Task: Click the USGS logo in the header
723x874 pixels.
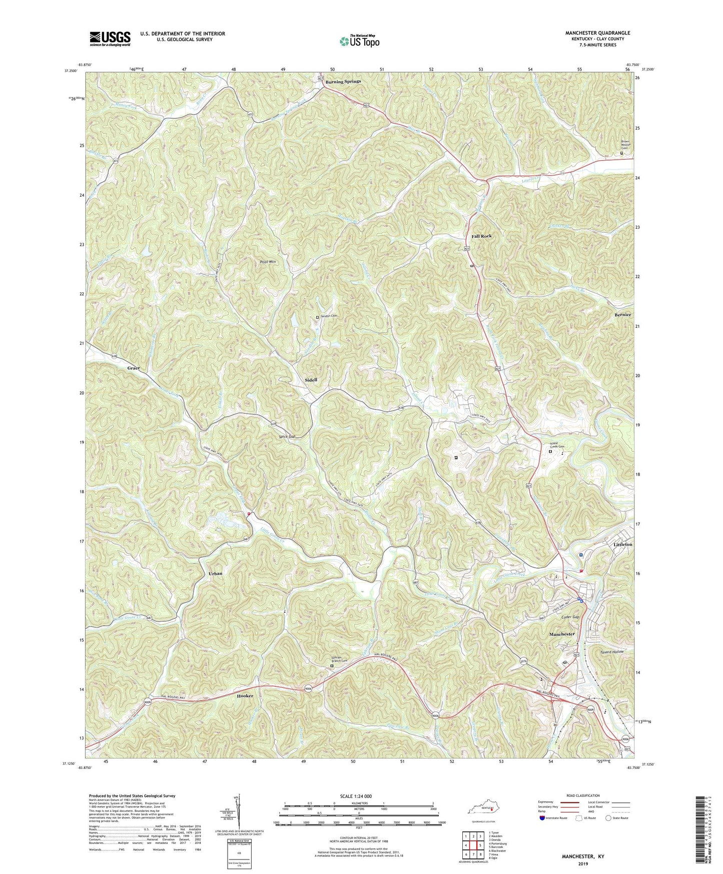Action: (110, 39)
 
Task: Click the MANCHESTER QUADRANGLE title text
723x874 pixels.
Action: (597, 33)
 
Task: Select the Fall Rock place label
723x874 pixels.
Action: (481, 236)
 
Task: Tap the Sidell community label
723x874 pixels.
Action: (311, 380)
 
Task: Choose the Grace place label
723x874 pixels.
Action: (134, 368)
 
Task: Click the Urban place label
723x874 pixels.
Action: (215, 574)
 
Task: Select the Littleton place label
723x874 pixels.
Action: (623, 544)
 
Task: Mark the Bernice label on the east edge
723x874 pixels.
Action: (623, 315)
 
